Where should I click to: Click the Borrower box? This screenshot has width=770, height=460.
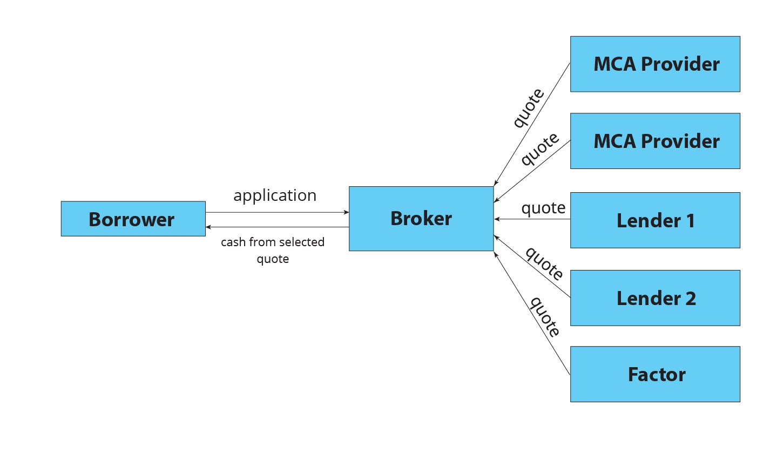click(x=133, y=219)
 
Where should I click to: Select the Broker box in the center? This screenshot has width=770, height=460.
click(x=421, y=219)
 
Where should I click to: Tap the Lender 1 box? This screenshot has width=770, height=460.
click(x=655, y=220)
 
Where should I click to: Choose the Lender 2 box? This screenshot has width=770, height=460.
click(x=655, y=298)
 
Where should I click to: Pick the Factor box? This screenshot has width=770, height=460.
click(x=655, y=374)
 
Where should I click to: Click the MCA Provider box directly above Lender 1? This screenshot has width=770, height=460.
click(x=655, y=141)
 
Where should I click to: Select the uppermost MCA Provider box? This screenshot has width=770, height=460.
click(x=655, y=64)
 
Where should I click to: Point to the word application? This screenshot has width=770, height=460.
click(x=275, y=195)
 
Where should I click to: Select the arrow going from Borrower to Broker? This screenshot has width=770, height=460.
click(x=277, y=213)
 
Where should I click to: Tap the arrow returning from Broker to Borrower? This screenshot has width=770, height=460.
click(x=277, y=227)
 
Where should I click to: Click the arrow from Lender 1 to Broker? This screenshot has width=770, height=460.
click(x=532, y=219)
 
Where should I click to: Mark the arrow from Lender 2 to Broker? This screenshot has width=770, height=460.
click(x=532, y=266)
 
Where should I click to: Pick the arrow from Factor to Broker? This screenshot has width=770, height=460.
click(x=532, y=313)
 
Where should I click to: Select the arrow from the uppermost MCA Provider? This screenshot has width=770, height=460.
click(x=532, y=124)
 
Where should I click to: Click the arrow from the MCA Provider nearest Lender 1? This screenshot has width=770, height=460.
click(x=532, y=171)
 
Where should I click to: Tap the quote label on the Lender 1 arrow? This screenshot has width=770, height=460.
click(x=543, y=208)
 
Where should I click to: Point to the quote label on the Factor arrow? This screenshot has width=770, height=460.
click(x=545, y=316)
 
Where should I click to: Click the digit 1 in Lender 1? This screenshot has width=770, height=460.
click(x=690, y=221)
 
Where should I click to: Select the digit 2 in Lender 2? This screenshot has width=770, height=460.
click(x=690, y=299)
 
